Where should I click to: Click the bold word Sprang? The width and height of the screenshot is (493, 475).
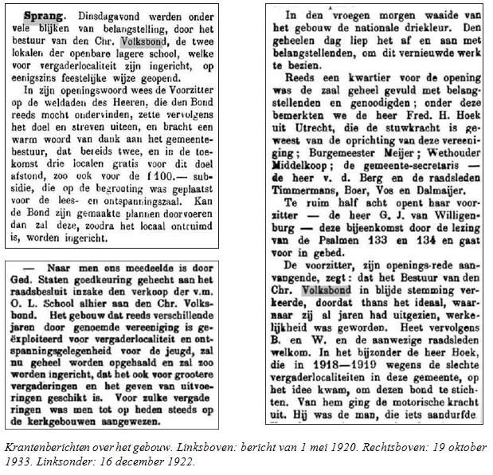39,15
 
